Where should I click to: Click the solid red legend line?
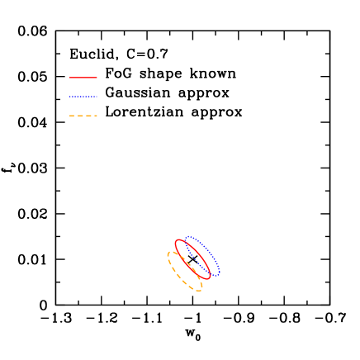(x=83, y=78)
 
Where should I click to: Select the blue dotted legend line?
(x=83, y=97)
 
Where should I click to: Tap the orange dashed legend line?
(x=83, y=116)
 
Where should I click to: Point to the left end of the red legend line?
(x=70, y=78)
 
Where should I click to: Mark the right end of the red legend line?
(x=97, y=78)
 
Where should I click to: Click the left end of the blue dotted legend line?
(x=70, y=97)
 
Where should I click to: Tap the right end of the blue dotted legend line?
(x=97, y=97)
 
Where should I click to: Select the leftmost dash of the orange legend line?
(x=73, y=116)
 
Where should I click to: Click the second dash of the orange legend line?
(x=81, y=116)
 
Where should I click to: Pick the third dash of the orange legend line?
(x=89, y=116)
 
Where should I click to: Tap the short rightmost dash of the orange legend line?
(x=96, y=116)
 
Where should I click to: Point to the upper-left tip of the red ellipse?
(x=177, y=241)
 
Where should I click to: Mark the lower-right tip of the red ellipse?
(x=209, y=277)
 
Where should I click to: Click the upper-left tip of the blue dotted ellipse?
(x=187, y=238)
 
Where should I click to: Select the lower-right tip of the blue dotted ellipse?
(x=219, y=273)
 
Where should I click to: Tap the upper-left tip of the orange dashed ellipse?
(x=168, y=253)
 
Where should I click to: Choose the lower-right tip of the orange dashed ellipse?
(x=201, y=289)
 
